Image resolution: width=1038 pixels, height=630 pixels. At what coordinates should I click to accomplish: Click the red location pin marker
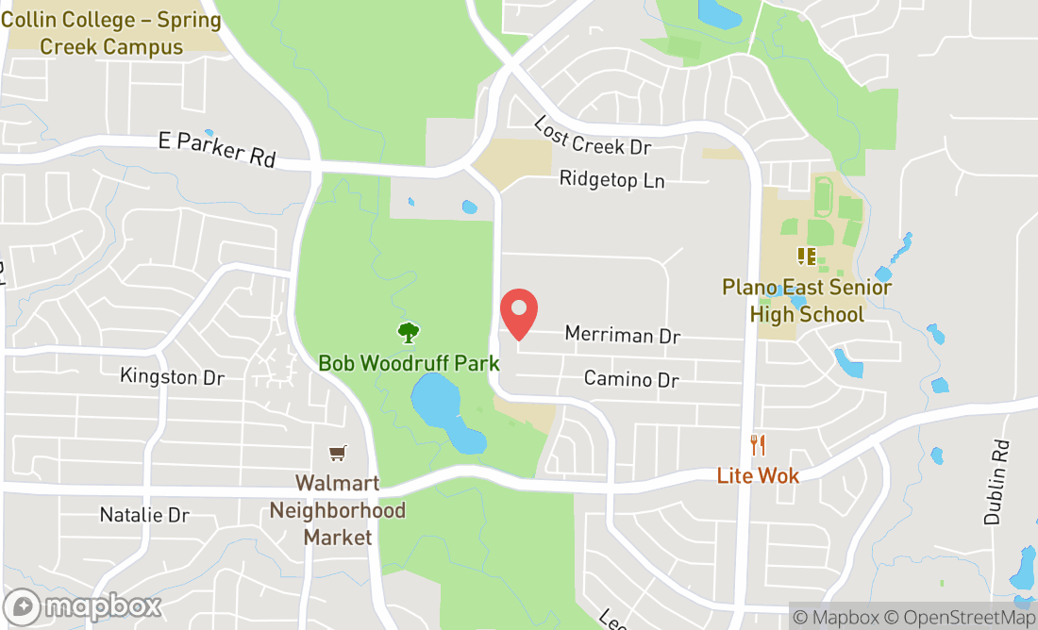pos(518,314)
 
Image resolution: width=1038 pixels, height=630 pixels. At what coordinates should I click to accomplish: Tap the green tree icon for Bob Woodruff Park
pos(408,332)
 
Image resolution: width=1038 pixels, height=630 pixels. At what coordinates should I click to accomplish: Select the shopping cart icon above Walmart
pos(337,454)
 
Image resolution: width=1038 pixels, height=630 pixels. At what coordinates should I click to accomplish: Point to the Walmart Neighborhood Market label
pos(337,510)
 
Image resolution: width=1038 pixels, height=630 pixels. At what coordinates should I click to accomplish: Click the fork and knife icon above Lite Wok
pos(758,445)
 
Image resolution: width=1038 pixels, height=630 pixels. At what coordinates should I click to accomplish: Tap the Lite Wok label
pos(758,475)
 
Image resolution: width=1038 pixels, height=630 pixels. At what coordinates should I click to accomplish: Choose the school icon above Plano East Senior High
pos(806,256)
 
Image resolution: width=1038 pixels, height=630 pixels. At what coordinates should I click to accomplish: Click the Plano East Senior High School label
pos(807,301)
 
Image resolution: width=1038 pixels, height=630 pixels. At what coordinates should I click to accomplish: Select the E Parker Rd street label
pos(217,149)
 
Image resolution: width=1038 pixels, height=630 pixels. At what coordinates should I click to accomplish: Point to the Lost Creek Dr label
pos(593,138)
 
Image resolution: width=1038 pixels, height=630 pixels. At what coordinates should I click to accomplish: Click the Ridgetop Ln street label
pos(611,179)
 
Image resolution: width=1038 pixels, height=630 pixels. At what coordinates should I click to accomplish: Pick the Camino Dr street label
pos(631,379)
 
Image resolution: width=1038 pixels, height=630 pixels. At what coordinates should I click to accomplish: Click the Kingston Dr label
pos(172,377)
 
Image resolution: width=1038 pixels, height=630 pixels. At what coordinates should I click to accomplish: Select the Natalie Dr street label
pos(144,515)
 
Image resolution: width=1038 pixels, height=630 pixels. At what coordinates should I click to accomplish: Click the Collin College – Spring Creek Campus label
pos(111,33)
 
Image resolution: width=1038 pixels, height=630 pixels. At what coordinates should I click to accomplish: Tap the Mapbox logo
pos(82,606)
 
